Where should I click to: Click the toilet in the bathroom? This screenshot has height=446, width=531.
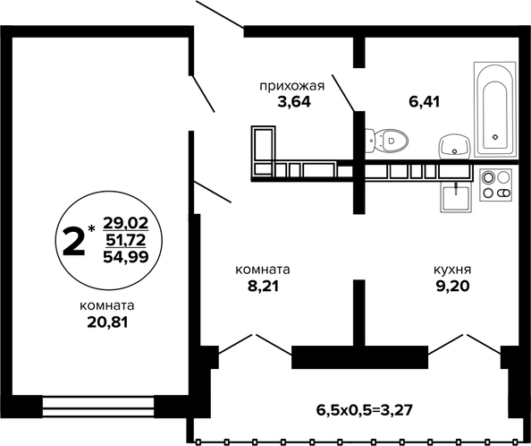click(x=386, y=141)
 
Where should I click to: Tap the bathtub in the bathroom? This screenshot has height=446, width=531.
click(x=495, y=109)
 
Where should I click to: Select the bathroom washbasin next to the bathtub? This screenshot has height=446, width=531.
click(x=454, y=146)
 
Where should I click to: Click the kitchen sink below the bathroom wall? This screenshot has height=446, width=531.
click(x=456, y=197)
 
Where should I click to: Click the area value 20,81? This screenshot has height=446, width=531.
click(x=107, y=322)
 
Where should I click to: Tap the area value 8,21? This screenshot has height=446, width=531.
click(x=263, y=287)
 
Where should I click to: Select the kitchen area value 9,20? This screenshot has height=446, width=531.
click(x=452, y=287)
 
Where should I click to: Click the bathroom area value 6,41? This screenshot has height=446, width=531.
click(x=425, y=102)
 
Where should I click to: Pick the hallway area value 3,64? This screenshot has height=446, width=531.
click(x=294, y=102)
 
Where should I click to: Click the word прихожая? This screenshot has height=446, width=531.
click(x=292, y=87)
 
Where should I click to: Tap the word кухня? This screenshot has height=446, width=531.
click(x=452, y=270)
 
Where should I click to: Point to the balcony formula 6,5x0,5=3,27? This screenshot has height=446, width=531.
click(x=365, y=410)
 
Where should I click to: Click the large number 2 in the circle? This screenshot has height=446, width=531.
click(x=73, y=241)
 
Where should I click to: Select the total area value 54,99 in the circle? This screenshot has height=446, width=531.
click(x=126, y=257)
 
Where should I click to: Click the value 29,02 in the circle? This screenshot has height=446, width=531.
click(x=126, y=223)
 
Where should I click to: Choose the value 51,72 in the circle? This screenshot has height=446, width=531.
click(x=126, y=240)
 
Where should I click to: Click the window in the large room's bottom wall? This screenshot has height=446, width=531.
click(x=98, y=407)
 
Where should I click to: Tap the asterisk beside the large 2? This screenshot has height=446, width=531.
click(x=92, y=228)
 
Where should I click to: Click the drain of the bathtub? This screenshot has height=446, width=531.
click(x=495, y=137)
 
